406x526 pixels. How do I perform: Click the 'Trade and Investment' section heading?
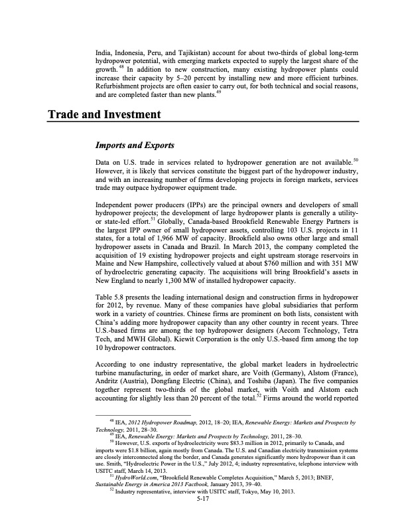click(105, 115)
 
